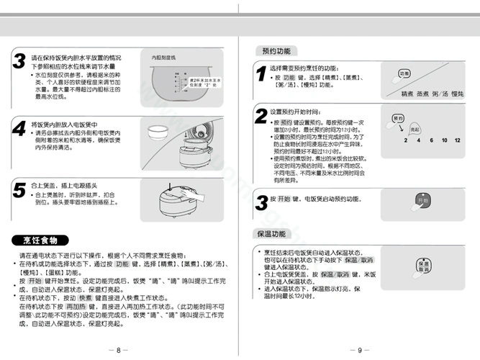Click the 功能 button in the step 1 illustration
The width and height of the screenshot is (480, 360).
point(404,74)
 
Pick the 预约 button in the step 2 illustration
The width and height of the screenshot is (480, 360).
point(398,118)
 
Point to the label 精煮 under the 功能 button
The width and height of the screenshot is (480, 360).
point(407,94)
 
